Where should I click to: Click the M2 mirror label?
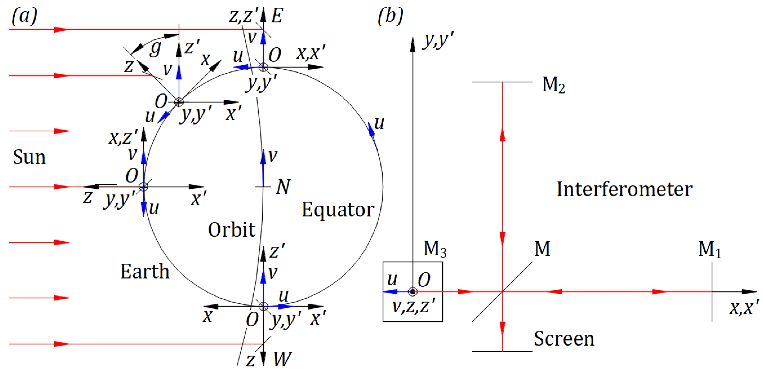[553, 85]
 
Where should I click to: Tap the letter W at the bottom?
[282, 359]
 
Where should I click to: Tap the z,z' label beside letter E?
[243, 16]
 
